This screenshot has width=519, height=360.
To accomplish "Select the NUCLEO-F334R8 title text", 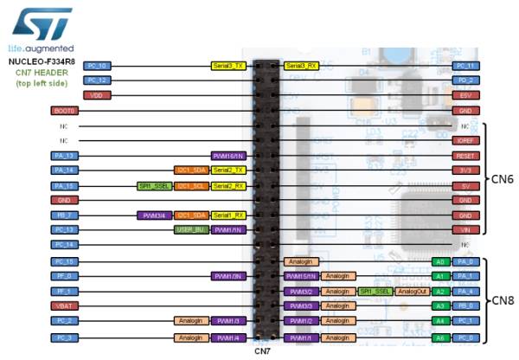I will [40, 62].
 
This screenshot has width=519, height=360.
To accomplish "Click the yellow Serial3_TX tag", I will [228, 66].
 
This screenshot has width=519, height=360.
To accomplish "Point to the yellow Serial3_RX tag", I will [300, 66].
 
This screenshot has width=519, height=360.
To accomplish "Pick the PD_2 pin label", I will [466, 80].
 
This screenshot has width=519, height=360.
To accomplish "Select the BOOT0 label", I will [66, 111].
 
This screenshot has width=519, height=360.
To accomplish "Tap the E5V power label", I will [466, 95].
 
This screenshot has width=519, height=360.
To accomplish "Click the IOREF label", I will [466, 140].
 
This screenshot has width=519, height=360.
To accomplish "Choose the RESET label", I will [466, 156].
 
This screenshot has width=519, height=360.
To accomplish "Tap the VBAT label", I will [66, 305].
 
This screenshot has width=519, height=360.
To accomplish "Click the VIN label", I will [466, 230].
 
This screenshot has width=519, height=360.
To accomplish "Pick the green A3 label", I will [440, 305].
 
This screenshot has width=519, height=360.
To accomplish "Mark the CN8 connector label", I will [503, 299].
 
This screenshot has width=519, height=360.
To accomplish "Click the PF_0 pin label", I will [66, 276].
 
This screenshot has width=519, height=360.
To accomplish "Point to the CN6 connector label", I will [503, 178].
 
